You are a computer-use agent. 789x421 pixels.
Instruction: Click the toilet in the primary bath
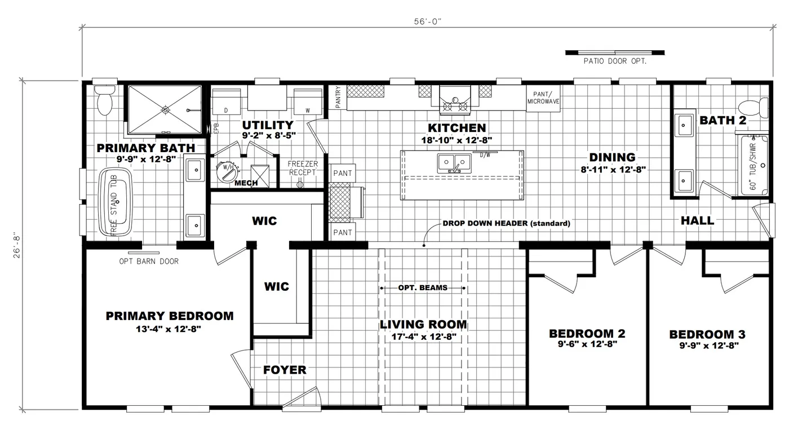click(104, 100)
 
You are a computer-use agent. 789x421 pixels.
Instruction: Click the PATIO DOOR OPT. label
click(614, 61)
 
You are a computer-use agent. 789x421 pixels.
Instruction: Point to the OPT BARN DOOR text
click(149, 262)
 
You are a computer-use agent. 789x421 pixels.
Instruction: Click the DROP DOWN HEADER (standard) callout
click(506, 223)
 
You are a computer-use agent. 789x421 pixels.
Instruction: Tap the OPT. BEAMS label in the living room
click(423, 288)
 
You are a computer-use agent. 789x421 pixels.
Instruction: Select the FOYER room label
click(285, 370)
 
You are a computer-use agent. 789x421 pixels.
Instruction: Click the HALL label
click(697, 221)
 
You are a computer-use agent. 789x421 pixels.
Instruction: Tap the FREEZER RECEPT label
click(303, 168)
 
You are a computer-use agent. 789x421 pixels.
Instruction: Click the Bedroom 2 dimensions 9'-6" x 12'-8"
click(587, 344)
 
